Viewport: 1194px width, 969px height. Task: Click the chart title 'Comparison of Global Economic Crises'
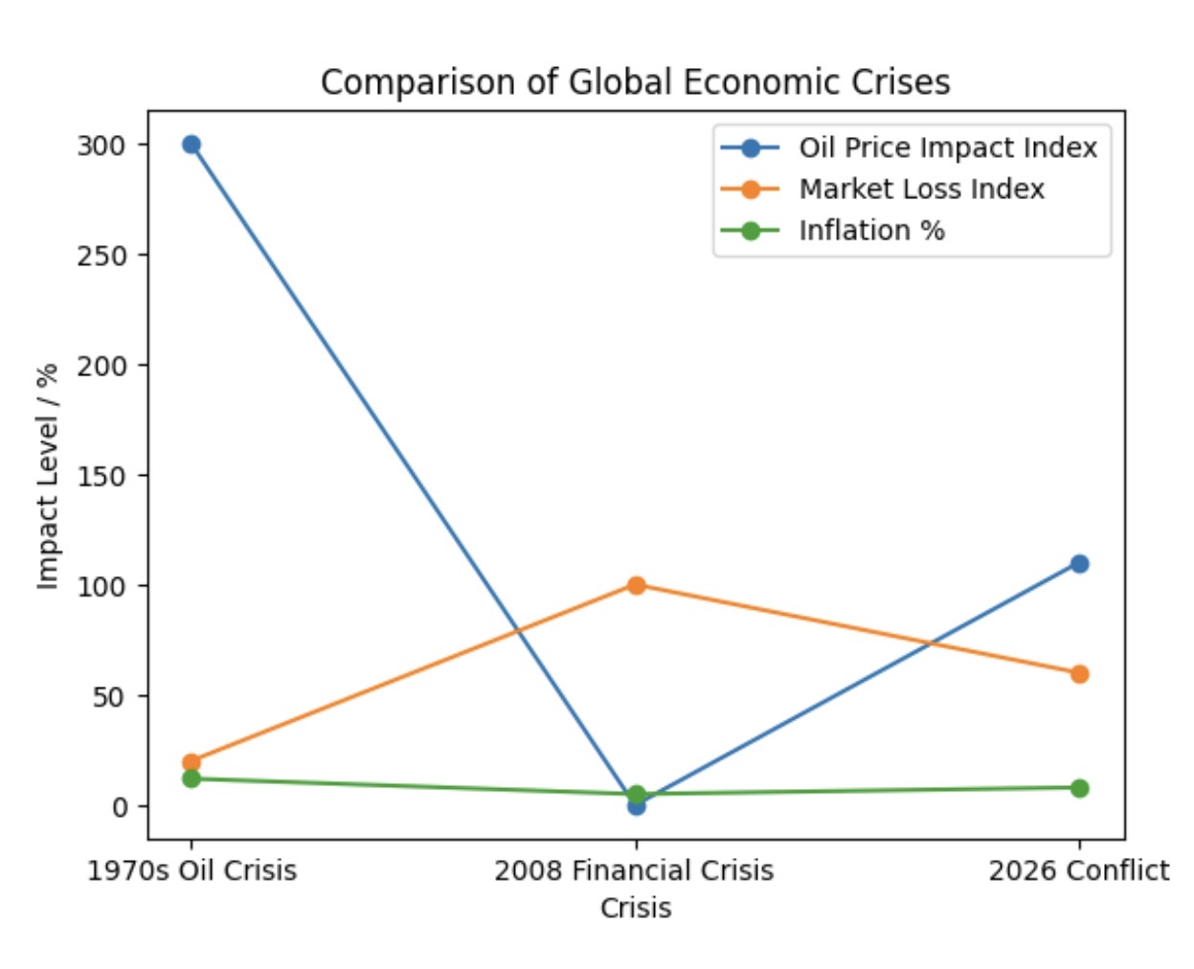tap(635, 82)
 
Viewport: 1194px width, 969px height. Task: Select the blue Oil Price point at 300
tap(191, 145)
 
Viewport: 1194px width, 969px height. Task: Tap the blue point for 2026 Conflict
tap(1079, 564)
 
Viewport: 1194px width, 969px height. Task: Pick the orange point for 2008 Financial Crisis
tap(636, 585)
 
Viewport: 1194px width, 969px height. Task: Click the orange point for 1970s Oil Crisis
tap(191, 762)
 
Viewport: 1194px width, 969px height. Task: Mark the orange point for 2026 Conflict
tap(1079, 674)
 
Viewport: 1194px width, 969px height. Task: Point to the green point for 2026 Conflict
tap(1079, 788)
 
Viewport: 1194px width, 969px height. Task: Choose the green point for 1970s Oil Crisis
tap(191, 778)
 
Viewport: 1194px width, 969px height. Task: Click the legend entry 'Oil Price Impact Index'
tap(947, 147)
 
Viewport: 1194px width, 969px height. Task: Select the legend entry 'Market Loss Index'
tap(921, 189)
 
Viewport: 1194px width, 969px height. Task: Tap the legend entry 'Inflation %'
tap(871, 231)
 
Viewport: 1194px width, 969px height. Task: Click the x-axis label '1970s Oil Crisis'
tap(191, 870)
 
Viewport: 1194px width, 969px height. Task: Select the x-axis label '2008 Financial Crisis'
tap(634, 870)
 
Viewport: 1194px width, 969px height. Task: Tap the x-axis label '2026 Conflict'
tap(1078, 870)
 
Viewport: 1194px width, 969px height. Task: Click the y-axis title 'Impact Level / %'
tap(48, 476)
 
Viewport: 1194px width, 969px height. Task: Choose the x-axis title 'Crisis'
tap(636, 908)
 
